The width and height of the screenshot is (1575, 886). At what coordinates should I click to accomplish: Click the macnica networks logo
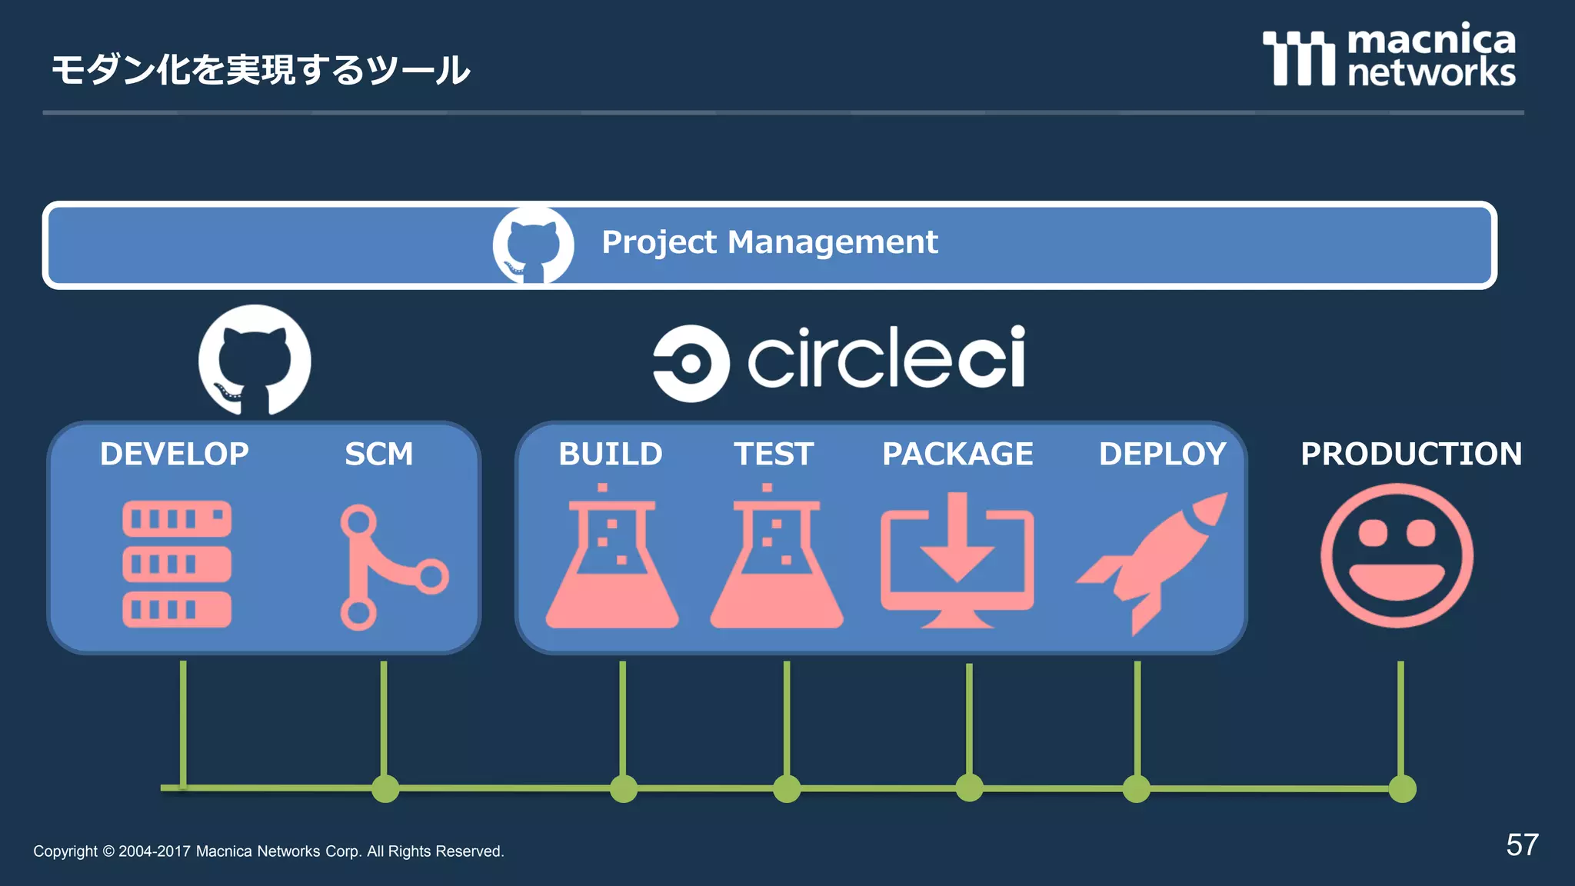tap(1389, 55)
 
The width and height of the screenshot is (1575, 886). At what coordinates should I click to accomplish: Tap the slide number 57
tap(1521, 844)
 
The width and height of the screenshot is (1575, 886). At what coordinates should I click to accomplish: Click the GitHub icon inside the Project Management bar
tap(533, 245)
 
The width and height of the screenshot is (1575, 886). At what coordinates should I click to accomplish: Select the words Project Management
tap(769, 242)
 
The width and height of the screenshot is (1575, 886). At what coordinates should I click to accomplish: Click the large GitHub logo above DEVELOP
tap(255, 360)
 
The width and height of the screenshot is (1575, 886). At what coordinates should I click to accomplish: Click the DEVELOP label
tap(175, 454)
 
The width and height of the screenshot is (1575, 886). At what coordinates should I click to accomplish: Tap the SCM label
tap(378, 454)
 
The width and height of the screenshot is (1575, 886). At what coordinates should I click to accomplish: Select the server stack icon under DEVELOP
tap(177, 564)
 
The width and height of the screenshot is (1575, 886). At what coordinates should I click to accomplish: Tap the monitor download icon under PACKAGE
tap(957, 560)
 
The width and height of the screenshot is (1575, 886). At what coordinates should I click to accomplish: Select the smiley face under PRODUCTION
tap(1397, 555)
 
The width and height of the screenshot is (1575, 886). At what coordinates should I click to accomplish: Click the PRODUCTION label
tap(1410, 454)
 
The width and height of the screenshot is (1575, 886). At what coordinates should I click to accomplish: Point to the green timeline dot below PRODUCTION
tap(1402, 789)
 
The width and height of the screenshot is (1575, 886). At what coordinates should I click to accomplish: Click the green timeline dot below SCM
tap(385, 789)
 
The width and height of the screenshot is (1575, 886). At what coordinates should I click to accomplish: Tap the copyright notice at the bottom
tap(268, 851)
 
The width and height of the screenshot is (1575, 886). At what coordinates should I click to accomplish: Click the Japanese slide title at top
tap(260, 70)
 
